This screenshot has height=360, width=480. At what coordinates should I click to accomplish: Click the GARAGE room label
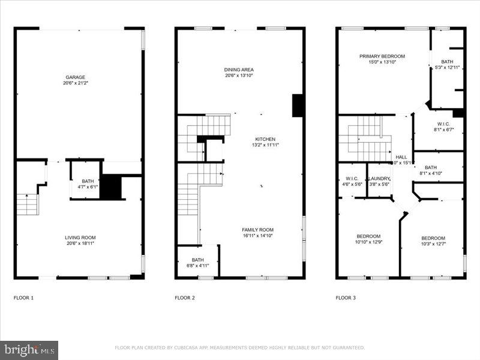coord(76,77)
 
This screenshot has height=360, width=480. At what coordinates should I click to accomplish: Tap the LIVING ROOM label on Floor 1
coord(80,238)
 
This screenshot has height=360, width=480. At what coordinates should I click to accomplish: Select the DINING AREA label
coord(239,70)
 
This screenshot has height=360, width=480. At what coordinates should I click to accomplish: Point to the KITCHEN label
coord(265,139)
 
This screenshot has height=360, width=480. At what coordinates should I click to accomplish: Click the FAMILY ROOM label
coord(258,230)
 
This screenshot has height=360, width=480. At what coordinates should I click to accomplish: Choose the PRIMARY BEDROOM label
coord(378,56)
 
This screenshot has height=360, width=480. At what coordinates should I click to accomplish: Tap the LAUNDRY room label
coord(379,178)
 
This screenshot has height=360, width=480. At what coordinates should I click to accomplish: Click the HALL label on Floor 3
coord(401,157)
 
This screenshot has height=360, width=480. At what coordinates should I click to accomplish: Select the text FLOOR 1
coord(24,298)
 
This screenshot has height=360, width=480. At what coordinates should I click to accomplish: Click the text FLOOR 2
coord(185,298)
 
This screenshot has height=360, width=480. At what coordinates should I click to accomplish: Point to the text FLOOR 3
coord(346,298)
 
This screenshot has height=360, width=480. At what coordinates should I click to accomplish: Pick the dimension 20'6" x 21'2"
coord(76,83)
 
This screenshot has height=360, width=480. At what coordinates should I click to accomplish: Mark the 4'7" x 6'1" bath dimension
coord(88,187)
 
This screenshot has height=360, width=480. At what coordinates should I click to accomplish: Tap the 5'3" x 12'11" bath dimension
coord(447,67)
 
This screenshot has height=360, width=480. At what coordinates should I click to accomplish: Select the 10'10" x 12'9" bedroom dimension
coord(368,242)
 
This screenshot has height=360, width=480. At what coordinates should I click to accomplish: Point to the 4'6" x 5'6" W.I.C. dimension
coord(352,184)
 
